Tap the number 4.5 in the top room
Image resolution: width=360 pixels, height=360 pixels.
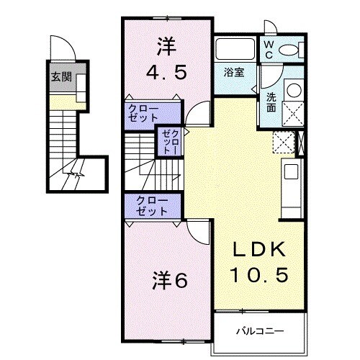click(166, 73)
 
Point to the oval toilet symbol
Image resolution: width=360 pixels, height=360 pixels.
click(290, 50)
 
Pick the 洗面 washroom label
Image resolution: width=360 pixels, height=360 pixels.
click(271, 102)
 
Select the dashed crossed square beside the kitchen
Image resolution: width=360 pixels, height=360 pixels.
click(282, 142)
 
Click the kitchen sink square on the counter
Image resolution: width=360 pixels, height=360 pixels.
click(292, 172)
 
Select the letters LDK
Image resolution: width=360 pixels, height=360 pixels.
click(260, 250)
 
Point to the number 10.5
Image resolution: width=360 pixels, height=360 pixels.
click(259, 274)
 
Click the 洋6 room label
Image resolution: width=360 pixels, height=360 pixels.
click(170, 280)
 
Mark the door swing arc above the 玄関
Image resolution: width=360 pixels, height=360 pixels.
click(66, 50)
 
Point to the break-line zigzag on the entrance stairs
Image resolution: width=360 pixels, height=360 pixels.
click(74, 175)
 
